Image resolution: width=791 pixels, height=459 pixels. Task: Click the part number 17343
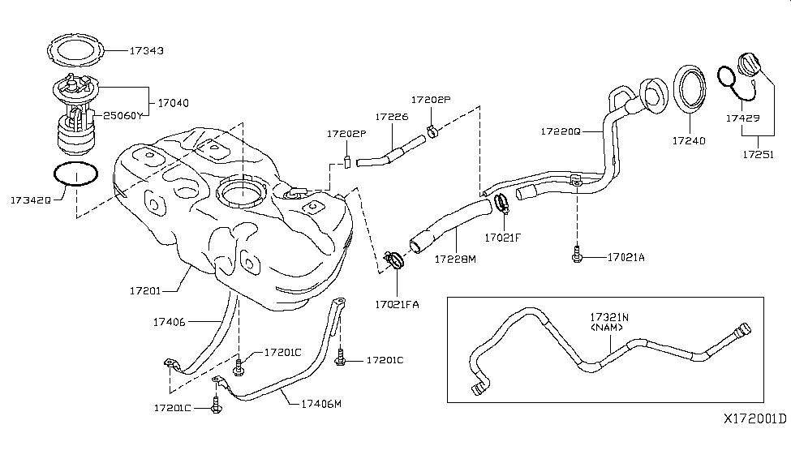tap(147, 50)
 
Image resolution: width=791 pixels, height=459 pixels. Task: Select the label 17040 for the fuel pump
tap(173, 103)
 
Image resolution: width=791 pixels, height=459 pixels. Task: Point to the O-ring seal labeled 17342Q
tap(75, 176)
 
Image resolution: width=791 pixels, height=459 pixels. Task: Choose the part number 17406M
tap(322, 402)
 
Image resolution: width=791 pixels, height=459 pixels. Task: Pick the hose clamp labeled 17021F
tap(501, 203)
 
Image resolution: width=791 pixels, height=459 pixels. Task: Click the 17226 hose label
tap(391, 117)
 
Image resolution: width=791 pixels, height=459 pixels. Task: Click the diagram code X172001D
tap(754, 419)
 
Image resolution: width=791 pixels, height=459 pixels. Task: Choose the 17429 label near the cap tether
tap(742, 118)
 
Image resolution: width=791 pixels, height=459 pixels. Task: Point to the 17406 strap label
tap(170, 322)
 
